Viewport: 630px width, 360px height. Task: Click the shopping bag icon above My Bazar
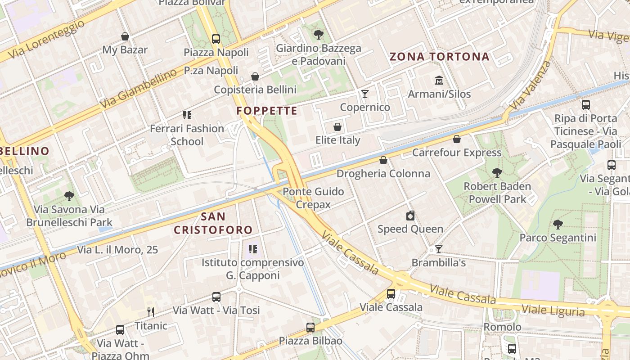click(125, 36)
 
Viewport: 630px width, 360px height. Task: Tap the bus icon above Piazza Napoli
click(216, 39)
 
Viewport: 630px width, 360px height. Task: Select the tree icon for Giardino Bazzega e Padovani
click(319, 34)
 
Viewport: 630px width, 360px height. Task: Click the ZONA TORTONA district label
click(439, 57)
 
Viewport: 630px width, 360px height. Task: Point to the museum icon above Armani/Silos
click(439, 81)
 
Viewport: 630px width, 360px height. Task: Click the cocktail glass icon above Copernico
click(365, 94)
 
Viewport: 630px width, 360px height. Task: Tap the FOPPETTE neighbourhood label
click(267, 111)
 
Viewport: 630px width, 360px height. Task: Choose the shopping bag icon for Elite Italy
click(337, 127)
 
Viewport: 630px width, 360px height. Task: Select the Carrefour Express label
click(457, 153)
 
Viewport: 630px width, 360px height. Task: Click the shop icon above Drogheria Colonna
click(383, 160)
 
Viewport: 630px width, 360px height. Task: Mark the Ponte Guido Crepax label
click(313, 198)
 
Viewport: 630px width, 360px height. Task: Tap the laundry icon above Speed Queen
click(410, 216)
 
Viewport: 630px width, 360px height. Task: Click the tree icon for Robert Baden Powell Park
click(497, 172)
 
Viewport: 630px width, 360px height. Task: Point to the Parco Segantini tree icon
click(558, 224)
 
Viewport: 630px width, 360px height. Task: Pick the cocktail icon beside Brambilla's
click(439, 249)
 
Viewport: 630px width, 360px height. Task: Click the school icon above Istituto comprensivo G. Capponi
click(252, 249)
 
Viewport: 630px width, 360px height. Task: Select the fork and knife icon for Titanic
click(151, 312)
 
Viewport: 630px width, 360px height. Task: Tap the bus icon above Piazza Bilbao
click(310, 327)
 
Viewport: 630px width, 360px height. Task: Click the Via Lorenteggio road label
click(46, 38)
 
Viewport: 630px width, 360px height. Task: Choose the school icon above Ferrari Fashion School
click(187, 115)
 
